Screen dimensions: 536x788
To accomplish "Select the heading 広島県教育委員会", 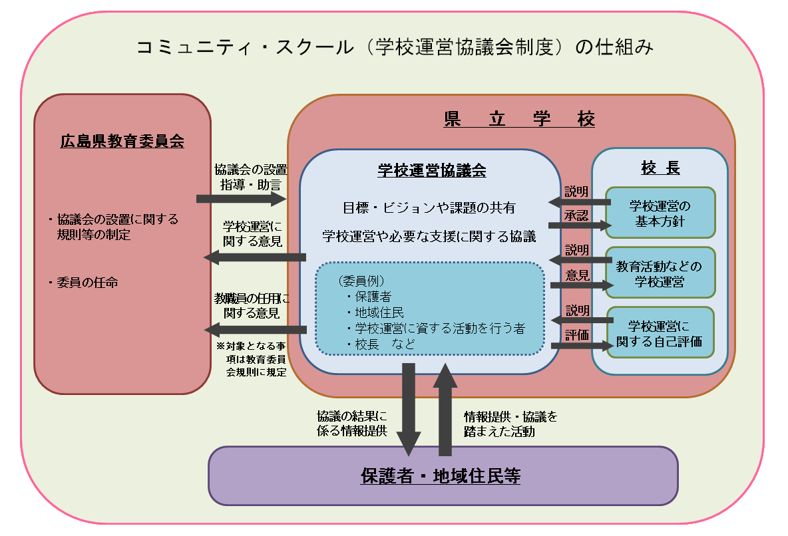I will tap(122, 141).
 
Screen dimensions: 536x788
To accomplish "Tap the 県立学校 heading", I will tap(519, 119).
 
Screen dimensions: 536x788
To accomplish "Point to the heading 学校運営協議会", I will tap(431, 170).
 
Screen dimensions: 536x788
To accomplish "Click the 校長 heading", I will tap(660, 168).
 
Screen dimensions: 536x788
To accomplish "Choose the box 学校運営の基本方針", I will tap(660, 212).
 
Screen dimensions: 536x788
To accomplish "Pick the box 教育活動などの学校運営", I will tap(660, 273).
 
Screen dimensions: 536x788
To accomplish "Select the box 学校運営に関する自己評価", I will tap(660, 333).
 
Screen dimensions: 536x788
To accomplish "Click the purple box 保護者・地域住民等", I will tap(442, 476).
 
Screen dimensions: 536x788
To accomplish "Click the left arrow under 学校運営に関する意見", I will tap(254, 257).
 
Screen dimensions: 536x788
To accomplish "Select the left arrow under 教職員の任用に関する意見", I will tap(254, 329).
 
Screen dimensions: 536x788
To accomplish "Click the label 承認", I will tap(576, 215).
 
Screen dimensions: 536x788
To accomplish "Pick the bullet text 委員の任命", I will tap(87, 282).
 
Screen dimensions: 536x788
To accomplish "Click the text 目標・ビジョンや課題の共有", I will tap(430, 207).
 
